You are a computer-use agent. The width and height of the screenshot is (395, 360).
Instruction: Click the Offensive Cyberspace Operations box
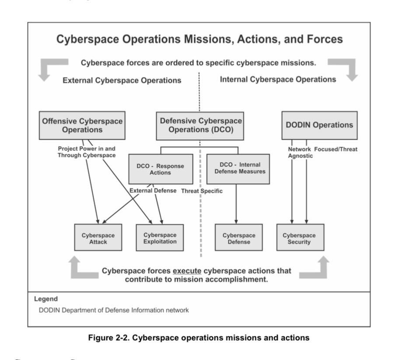click(82, 126)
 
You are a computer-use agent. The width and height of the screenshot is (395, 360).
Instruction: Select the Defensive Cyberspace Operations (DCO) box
click(200, 126)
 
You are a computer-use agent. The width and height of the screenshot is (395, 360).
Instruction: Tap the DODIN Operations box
click(319, 125)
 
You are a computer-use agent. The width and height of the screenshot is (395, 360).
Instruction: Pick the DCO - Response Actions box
click(160, 169)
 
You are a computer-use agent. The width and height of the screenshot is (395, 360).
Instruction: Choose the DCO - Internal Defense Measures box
click(238, 168)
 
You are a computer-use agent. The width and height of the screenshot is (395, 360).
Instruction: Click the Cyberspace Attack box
click(98, 238)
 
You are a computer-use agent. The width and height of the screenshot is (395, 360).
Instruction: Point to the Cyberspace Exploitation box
click(160, 238)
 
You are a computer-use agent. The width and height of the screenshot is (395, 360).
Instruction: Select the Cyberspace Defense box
click(238, 238)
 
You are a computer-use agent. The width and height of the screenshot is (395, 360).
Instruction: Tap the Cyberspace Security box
click(300, 238)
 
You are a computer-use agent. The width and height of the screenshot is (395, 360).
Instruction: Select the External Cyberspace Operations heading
click(122, 80)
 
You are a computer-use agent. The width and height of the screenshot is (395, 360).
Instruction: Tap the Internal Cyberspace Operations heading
click(278, 80)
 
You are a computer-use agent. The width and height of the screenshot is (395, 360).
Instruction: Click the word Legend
click(45, 299)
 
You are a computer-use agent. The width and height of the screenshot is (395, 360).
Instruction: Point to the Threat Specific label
click(202, 191)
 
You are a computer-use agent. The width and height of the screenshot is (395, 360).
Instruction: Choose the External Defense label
click(153, 191)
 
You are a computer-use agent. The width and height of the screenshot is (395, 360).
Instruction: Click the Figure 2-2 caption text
click(199, 338)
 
